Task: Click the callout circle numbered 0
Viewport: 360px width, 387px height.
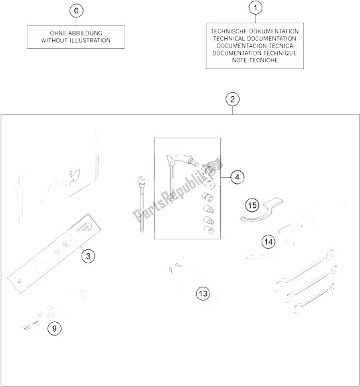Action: pyautogui.click(x=76, y=11)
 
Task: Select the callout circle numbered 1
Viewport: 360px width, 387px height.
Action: pyautogui.click(x=255, y=8)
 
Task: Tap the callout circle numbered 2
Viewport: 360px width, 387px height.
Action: pyautogui.click(x=232, y=100)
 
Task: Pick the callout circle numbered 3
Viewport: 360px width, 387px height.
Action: pyautogui.click(x=88, y=257)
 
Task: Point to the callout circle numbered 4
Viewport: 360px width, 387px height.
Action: pyautogui.click(x=237, y=177)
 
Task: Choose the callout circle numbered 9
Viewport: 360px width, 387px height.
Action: pyautogui.click(x=54, y=328)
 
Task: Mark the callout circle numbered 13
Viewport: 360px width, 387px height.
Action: pyautogui.click(x=203, y=293)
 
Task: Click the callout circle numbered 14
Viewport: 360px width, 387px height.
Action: pyautogui.click(x=268, y=242)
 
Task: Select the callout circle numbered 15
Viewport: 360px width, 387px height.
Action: pyautogui.click(x=252, y=205)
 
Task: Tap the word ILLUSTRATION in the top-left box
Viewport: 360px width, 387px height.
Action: pyautogui.click(x=90, y=40)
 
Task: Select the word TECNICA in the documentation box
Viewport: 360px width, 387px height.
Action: pyautogui.click(x=281, y=46)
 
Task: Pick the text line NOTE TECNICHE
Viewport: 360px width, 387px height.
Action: pyautogui.click(x=255, y=60)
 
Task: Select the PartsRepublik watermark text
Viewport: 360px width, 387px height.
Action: pyautogui.click(x=178, y=190)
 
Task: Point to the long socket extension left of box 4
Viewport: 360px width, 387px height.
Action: pyautogui.click(x=142, y=205)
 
